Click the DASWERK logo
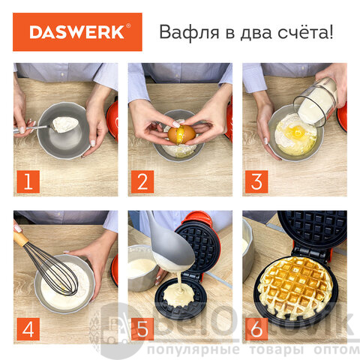tap(77, 32)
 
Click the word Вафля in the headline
tap(189, 32)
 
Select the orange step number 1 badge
tap(28, 181)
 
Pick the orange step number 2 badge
tap(142, 181)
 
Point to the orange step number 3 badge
tap(256, 181)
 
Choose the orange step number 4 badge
tap(28, 329)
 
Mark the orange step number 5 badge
tap(142, 329)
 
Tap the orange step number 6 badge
tap(256, 329)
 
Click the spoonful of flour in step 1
tap(64, 124)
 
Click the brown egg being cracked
tap(181, 134)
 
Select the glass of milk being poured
tap(316, 102)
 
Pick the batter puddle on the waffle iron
tap(179, 295)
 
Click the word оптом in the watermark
tap(337, 349)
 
